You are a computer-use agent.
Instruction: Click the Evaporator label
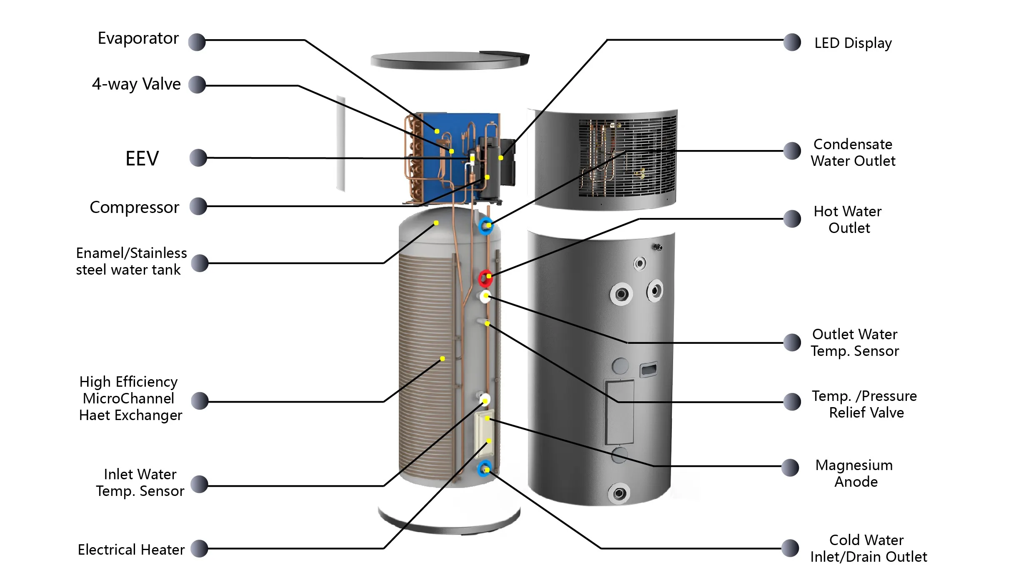point(138,38)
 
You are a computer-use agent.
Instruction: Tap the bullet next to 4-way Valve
point(197,85)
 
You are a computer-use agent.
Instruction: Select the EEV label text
point(142,159)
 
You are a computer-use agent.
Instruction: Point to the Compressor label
point(134,207)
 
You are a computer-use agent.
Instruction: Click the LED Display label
point(853,43)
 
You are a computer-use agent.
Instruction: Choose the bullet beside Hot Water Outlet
point(792,219)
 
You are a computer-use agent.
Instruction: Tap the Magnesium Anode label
point(854,473)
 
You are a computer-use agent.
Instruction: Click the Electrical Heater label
point(131,550)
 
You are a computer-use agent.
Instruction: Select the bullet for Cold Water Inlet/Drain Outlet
point(790,548)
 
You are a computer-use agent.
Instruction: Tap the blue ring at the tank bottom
point(485,469)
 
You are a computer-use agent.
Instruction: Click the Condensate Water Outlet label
point(853,153)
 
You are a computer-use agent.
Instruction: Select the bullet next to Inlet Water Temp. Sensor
point(199,484)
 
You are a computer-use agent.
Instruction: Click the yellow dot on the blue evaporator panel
point(437,131)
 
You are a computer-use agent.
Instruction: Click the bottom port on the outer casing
point(619,494)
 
